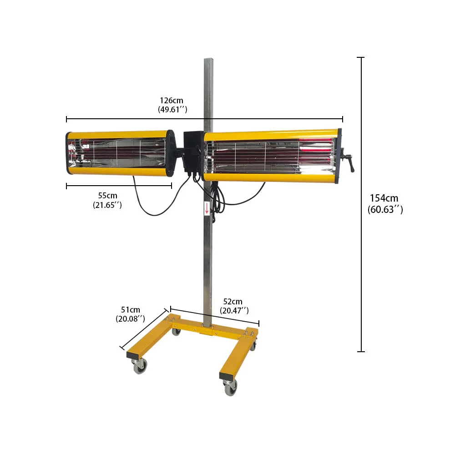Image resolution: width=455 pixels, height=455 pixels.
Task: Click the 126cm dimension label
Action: pos(172,101)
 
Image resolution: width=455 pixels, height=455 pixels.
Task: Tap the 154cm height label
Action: pos(384,198)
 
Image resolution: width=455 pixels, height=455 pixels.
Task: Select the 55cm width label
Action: pos(107,195)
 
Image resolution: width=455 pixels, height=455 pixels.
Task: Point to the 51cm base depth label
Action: pos(130,309)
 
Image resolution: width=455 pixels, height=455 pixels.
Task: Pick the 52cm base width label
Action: pos(233,302)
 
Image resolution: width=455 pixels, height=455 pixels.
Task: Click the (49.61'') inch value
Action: pos(172,109)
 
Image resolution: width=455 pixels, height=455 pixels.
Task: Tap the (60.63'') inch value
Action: pos(385,209)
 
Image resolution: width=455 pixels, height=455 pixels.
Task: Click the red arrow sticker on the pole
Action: pos(207,208)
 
